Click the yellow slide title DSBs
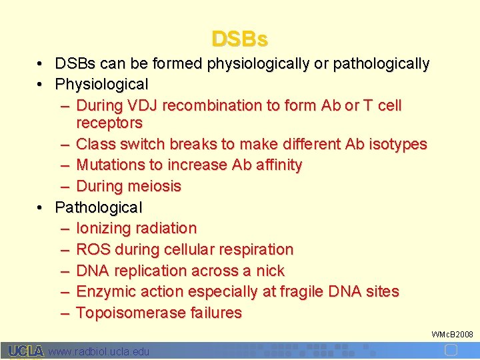click(x=240, y=39)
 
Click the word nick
click(x=269, y=271)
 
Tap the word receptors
click(x=109, y=123)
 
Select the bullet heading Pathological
click(x=99, y=207)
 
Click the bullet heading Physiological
click(x=101, y=85)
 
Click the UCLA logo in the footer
click(x=25, y=351)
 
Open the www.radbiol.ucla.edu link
click(x=99, y=351)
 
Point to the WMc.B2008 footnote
click(x=452, y=333)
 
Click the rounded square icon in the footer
click(x=451, y=350)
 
